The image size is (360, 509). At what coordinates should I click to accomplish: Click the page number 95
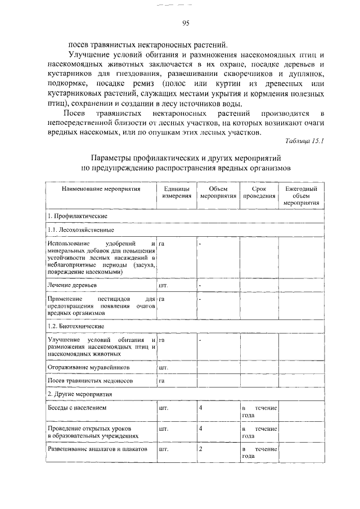point(186,22)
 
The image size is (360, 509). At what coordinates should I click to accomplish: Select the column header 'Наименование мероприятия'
point(101,189)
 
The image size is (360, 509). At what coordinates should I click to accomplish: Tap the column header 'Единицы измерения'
point(176,192)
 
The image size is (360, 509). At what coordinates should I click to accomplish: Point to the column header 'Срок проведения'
point(259,192)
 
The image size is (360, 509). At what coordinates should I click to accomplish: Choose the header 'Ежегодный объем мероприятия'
point(301,196)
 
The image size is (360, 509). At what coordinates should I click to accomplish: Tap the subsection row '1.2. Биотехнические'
point(76,326)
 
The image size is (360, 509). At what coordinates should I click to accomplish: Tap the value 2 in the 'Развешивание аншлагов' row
point(201,450)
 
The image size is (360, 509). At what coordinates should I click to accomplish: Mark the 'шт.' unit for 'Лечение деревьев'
point(164,285)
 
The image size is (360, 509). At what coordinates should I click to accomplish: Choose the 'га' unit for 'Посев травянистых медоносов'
point(162,381)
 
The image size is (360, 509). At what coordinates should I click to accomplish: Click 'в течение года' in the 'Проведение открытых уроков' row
point(259,432)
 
